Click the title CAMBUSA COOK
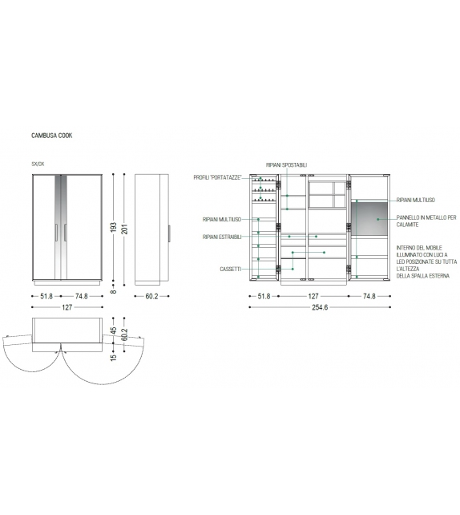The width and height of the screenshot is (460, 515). click(x=52, y=136)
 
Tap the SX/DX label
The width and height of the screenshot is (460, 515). click(x=38, y=164)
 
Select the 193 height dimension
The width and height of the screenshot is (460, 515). click(x=114, y=227)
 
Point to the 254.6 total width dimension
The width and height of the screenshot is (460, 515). click(x=320, y=307)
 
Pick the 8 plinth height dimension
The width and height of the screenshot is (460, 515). click(x=114, y=291)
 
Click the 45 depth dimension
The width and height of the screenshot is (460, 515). click(x=114, y=330)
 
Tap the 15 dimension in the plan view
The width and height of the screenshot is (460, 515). click(x=114, y=357)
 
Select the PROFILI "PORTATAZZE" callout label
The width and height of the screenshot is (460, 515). click(x=217, y=178)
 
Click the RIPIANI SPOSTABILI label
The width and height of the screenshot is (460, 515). click(x=286, y=165)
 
